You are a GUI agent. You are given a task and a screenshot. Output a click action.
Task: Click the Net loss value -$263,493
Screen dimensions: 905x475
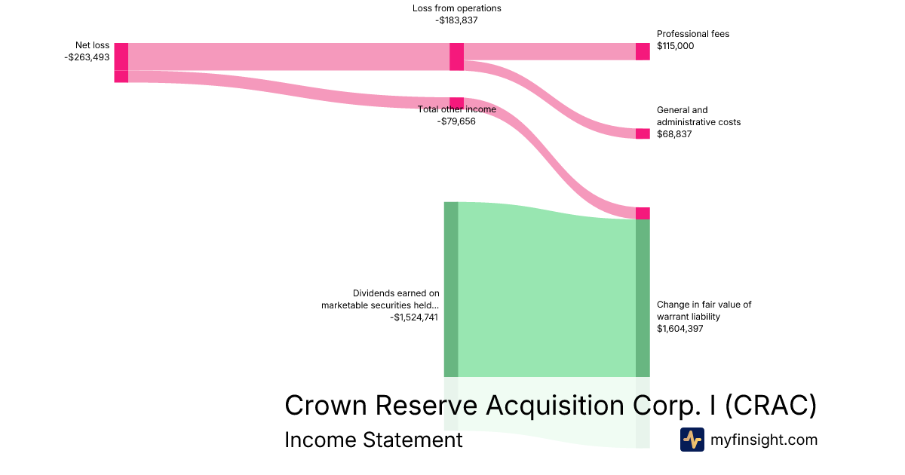pos(87,57)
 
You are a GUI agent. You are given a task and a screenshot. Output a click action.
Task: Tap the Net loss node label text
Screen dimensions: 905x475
pos(92,45)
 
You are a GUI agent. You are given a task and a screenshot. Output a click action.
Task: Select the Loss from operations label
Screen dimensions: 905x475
pos(456,8)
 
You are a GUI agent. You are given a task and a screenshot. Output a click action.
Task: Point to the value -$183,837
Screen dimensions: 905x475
pos(456,20)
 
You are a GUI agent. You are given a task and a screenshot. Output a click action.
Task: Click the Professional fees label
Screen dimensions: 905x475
pos(693,34)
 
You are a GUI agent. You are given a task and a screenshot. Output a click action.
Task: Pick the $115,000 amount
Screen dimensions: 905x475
pos(675,46)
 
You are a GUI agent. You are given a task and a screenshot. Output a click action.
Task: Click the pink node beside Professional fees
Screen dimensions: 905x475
pos(643,52)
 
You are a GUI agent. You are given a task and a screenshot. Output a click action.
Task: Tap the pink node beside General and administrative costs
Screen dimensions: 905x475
pos(643,133)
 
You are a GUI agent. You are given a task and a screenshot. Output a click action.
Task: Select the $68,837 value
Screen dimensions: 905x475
pos(674,134)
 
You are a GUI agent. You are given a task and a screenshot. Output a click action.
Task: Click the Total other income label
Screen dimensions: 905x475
pos(456,109)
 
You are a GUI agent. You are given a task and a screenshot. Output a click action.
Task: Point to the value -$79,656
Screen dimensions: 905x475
pos(456,121)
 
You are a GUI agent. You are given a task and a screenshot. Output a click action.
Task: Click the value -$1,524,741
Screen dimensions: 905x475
pos(414,317)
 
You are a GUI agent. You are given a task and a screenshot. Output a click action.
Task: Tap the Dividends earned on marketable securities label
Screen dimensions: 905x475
pos(380,299)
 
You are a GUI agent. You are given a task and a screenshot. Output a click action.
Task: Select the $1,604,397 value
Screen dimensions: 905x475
pos(680,329)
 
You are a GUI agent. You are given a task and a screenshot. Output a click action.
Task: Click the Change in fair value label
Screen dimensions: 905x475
pos(704,311)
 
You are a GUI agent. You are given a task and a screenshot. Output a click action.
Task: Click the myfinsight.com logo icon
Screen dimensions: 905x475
pos(692,440)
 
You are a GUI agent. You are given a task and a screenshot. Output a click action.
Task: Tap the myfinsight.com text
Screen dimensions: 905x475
pos(764,440)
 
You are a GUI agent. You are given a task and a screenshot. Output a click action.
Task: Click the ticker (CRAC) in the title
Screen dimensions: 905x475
pos(771,405)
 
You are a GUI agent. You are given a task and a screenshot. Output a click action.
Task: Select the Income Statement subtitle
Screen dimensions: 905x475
pos(374,440)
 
